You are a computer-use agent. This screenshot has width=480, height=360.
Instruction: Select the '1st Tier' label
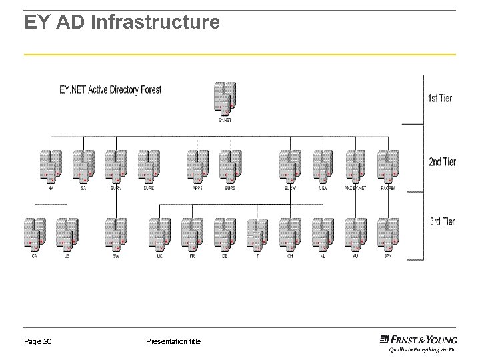coord(439,98)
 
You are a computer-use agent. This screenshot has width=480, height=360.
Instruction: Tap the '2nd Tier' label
coord(441,161)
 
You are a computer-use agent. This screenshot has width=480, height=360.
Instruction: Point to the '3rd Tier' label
coord(441,221)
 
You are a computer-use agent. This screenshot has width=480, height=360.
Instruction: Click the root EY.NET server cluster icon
coord(225,99)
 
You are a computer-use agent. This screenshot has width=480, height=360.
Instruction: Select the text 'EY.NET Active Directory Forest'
coord(110,89)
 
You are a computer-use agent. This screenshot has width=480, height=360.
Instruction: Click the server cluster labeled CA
coord(35,233)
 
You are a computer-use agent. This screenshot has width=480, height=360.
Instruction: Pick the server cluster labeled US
coord(67,233)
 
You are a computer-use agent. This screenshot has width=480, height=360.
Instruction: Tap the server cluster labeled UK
coord(159,233)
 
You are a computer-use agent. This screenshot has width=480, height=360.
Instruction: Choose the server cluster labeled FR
coord(192,233)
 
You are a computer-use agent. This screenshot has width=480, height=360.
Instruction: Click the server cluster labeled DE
coord(225,233)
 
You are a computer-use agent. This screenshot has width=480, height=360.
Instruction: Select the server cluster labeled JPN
coord(388,233)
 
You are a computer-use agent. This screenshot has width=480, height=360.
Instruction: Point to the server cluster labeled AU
coord(355,233)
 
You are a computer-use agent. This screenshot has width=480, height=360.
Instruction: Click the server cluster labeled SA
coord(83,165)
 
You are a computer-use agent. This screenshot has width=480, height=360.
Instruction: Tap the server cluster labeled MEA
coord(323,165)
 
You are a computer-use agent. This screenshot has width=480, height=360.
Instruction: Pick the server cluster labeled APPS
coord(197,165)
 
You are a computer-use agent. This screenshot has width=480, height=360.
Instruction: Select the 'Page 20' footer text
coord(38,342)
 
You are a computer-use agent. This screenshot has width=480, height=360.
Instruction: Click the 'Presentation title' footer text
coord(173,342)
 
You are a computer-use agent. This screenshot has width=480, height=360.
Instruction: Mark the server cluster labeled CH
coord(290,233)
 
